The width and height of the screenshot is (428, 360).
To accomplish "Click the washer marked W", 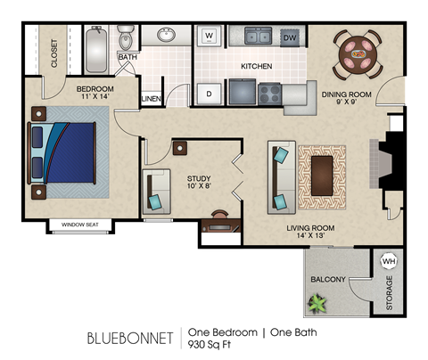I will [210, 37].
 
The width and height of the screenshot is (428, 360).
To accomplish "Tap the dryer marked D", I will [210, 92].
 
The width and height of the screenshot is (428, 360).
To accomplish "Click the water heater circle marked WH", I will [388, 261].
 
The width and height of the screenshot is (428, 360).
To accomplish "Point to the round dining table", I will [358, 53].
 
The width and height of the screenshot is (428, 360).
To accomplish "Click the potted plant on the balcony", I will [317, 304].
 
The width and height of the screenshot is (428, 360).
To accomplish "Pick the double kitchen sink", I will [259, 37].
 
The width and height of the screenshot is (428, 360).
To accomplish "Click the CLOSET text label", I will [54, 53].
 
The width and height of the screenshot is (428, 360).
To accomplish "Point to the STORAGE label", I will [389, 294].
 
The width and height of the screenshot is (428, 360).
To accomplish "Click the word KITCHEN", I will [256, 67].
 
